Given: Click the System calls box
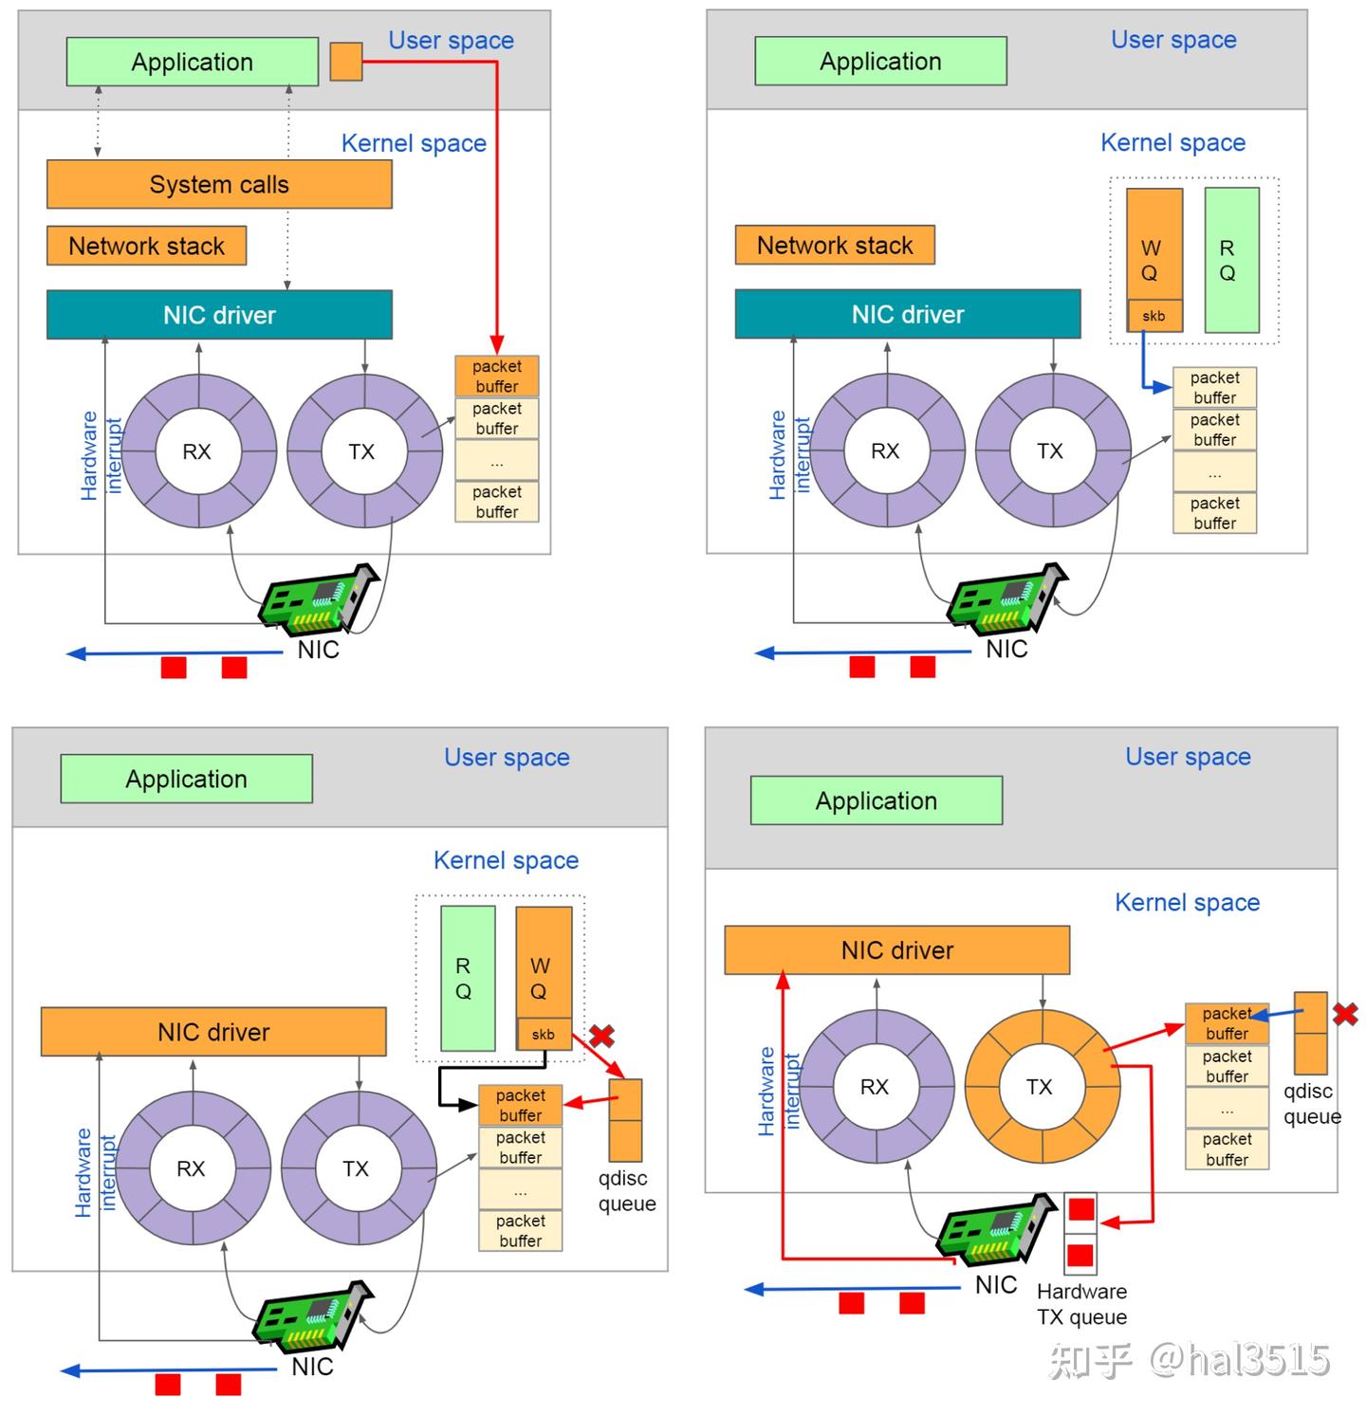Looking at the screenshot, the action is (219, 184).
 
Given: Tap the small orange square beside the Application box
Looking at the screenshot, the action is (346, 62).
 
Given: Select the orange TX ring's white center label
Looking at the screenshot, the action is (1040, 1087).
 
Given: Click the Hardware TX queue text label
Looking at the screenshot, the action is (1081, 1304).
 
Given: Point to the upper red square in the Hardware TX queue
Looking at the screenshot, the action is (1081, 1210).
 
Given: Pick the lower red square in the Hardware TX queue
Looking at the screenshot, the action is (1080, 1256).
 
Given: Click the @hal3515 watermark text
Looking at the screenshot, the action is (1239, 1360).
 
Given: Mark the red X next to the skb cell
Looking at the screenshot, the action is (601, 1035).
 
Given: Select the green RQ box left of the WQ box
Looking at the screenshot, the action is (468, 978).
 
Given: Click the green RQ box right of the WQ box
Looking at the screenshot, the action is (1231, 260).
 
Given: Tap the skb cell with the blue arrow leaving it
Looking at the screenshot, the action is (1154, 316).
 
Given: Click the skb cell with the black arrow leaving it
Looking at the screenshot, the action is (544, 1034).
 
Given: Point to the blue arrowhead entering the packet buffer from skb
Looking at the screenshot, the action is (1162, 387).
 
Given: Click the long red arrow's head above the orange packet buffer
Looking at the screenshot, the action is (496, 344).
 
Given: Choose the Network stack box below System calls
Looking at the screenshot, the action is (147, 246).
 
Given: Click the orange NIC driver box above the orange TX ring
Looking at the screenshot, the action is (897, 950).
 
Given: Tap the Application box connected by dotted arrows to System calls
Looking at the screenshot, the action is (193, 62).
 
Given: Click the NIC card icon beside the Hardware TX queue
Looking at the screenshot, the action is (996, 1231).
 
